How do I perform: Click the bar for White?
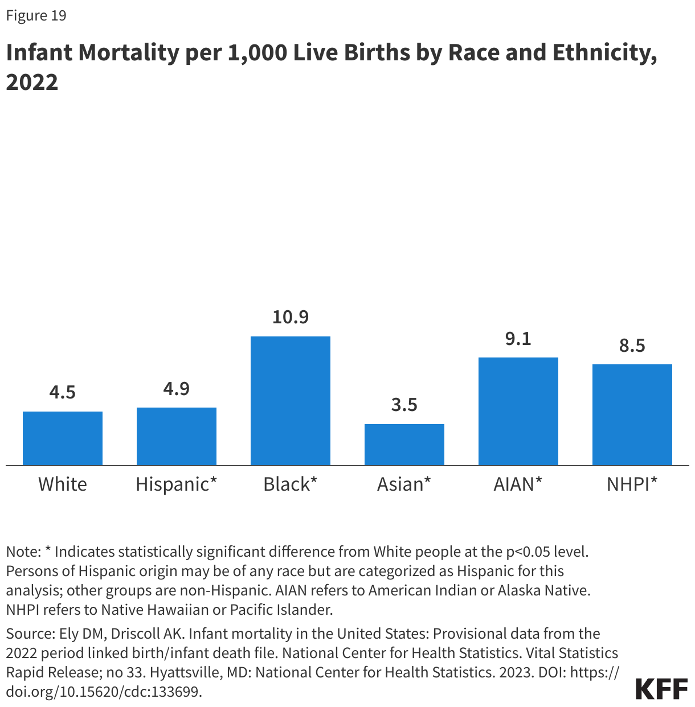pos(63,438)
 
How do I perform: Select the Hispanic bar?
pos(177,436)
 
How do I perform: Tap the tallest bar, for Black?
pos(291,401)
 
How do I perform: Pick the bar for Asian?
pos(404,445)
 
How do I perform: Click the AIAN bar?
pos(518,411)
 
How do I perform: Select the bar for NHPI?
pos(632,414)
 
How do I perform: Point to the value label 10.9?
pos(291,317)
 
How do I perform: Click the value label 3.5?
pos(404,405)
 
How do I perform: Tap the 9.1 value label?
pos(518,339)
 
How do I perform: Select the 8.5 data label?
pos(632,346)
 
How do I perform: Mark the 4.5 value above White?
pos(63,392)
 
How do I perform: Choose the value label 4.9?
pos(177,389)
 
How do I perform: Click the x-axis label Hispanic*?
pos(177,484)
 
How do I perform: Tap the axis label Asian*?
pos(404,484)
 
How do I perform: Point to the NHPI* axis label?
pos(632,484)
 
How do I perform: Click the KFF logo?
pos(661,689)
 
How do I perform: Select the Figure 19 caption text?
pos(36,15)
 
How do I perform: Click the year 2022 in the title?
pos(32,83)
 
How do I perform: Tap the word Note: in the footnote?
pos(23,552)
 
